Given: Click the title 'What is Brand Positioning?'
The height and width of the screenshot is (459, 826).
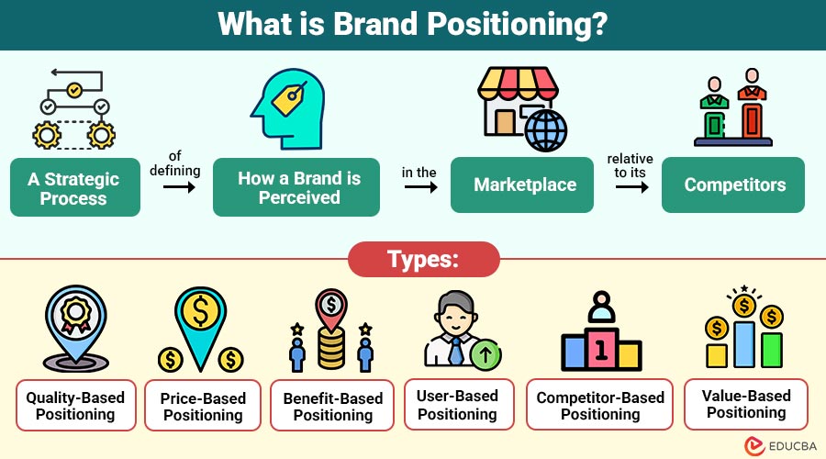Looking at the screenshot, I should [412, 24].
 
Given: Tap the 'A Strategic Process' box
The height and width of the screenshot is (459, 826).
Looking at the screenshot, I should [73, 187].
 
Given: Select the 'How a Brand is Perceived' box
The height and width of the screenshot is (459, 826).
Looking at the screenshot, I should [296, 187].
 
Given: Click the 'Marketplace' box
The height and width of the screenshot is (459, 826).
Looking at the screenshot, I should [525, 185].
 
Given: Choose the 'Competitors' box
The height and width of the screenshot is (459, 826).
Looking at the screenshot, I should [734, 185].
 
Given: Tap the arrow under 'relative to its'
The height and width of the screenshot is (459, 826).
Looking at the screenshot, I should [629, 185].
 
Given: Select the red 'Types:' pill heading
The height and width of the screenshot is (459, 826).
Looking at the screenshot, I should [423, 259].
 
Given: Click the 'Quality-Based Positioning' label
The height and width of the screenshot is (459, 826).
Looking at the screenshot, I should [75, 405].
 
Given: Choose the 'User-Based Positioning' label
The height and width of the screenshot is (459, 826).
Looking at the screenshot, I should [458, 405].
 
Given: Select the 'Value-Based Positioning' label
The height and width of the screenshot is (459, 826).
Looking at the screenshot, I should [746, 404].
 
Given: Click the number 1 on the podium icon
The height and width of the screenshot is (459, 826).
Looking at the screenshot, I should [601, 350].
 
